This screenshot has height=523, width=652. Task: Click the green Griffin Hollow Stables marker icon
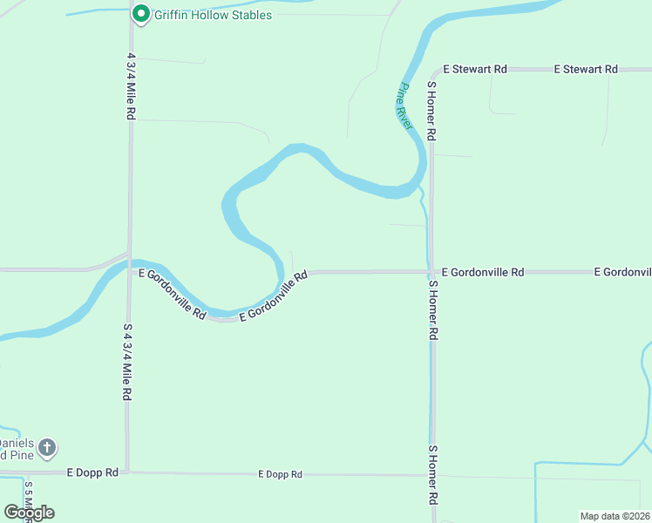click(x=139, y=14)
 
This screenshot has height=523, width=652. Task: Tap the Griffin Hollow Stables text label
click(x=213, y=15)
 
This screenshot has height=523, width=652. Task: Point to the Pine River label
click(x=405, y=106)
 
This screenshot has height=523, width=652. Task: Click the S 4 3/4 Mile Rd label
click(x=127, y=362)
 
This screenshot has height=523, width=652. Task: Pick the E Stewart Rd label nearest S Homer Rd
click(x=475, y=69)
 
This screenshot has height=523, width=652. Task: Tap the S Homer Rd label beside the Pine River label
click(x=431, y=112)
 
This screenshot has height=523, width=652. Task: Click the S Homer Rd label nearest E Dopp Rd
click(x=432, y=476)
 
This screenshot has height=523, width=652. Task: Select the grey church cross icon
click(x=48, y=448)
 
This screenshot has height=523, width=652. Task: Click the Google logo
click(x=29, y=513)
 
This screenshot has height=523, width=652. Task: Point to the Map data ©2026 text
click(x=614, y=515)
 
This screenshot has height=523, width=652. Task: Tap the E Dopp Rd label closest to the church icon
click(x=92, y=472)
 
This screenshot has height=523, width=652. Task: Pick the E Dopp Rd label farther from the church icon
click(x=280, y=474)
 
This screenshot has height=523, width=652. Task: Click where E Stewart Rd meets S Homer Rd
click(x=431, y=69)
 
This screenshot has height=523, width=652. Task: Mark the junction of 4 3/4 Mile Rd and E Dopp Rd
click(x=127, y=472)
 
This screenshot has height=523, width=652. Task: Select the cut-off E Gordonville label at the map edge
click(x=622, y=272)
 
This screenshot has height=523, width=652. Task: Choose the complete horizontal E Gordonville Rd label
click(x=483, y=272)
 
